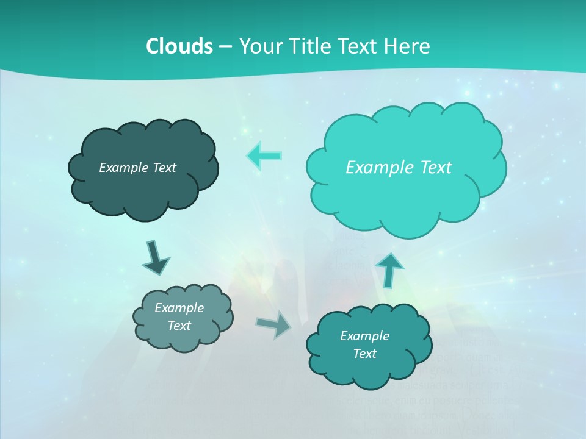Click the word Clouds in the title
coord(179,46)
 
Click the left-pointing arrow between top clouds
coord(264,156)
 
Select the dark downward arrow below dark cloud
coord(156,257)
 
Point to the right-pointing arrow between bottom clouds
coord(274,324)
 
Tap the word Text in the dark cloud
coord(164,168)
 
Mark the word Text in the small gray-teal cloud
coord(179,326)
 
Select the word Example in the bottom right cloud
coord(364,336)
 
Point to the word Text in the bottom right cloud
coord(364,354)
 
